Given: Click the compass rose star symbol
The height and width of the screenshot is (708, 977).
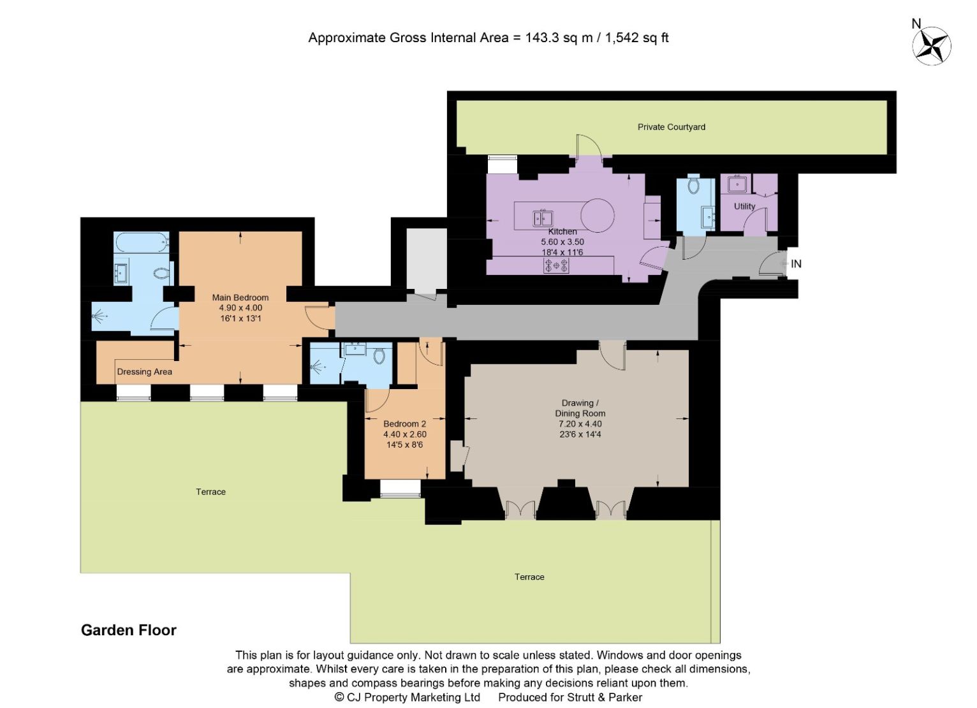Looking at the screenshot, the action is (x=931, y=46).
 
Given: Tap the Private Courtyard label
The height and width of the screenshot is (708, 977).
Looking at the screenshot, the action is (x=672, y=127).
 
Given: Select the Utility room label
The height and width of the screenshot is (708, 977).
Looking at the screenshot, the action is (x=744, y=206).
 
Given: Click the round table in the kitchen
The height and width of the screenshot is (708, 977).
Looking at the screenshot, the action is (x=597, y=216).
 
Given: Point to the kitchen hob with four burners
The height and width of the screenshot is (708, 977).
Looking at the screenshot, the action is (x=556, y=265).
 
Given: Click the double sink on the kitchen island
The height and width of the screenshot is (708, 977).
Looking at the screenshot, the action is (x=543, y=218).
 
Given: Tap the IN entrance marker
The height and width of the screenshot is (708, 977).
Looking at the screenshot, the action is (x=796, y=264).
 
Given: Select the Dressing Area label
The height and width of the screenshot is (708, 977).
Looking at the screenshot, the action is (x=144, y=372).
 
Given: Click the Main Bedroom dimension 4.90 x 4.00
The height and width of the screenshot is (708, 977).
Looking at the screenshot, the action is (x=240, y=308).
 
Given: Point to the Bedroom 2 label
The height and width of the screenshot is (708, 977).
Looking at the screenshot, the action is (x=404, y=424).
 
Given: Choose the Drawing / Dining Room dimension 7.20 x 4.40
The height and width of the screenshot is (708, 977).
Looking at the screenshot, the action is (x=580, y=424).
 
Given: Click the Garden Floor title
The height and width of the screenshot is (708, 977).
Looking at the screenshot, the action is (x=129, y=630).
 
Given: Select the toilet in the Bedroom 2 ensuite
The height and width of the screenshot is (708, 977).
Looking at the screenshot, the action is (x=379, y=356).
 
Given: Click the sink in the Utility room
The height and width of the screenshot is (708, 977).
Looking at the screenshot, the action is (x=737, y=184).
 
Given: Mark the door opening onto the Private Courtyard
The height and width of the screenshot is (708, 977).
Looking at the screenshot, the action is (x=589, y=146).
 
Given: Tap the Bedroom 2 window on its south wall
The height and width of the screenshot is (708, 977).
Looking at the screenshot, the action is (x=400, y=489).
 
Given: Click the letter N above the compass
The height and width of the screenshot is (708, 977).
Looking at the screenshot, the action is (x=916, y=24).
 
